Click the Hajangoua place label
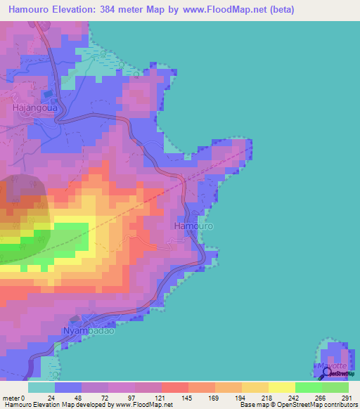pyautogui.click(x=34, y=108)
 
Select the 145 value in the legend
pyautogui.click(x=188, y=398)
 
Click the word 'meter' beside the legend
pyautogui.click(x=10, y=398)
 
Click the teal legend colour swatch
pyautogui.click(x=41, y=387)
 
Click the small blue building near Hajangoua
pyautogui.click(x=48, y=93)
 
